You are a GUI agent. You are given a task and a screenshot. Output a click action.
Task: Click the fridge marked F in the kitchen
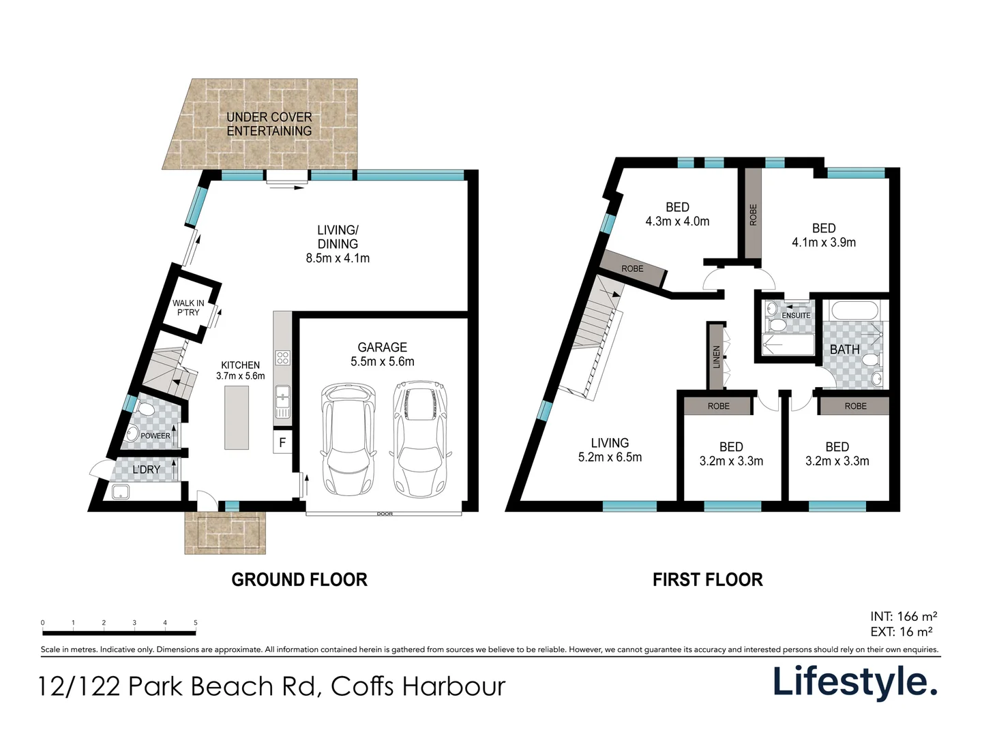[282, 442]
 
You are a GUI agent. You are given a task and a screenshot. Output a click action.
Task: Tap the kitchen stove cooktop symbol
[283, 358]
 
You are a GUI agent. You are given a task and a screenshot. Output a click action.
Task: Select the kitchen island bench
[236, 417]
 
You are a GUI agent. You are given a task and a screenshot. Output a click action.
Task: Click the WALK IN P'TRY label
[188, 307]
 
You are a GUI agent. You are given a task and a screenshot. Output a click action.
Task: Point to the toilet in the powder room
[145, 409]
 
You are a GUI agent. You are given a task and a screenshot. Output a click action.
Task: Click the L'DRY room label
[147, 470]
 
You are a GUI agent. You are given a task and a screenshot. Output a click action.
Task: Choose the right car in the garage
[419, 438]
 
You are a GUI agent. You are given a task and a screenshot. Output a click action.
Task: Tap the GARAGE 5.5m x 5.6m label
[383, 354]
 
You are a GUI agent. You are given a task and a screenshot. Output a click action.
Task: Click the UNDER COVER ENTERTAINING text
[269, 124]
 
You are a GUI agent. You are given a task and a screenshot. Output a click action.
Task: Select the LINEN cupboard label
[716, 356]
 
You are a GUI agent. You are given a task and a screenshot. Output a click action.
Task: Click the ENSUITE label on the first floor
[796, 316]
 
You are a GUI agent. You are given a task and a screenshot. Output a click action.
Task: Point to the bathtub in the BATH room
[854, 309]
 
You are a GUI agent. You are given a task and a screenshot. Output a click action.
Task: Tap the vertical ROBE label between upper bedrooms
[753, 215]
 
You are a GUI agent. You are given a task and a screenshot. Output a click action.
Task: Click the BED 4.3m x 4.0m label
[677, 214]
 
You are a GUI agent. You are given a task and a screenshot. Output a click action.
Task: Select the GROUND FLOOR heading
[299, 579]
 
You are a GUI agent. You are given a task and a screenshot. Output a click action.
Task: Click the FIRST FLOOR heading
[707, 579]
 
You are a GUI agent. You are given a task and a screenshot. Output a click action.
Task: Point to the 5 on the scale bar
[196, 622]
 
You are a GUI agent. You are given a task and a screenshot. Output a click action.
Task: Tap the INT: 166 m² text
[904, 616]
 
